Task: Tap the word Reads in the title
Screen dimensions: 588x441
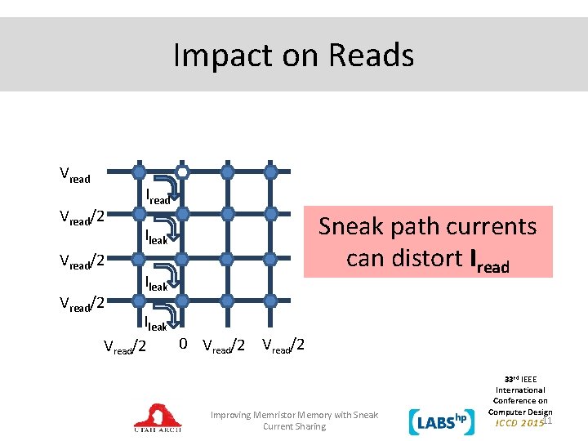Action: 371,56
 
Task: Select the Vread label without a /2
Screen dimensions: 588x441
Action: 75,174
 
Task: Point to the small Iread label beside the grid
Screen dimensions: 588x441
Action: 158,197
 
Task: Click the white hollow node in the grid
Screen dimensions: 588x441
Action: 183,172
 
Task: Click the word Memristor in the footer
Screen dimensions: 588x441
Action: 280,415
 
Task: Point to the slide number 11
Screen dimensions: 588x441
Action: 549,420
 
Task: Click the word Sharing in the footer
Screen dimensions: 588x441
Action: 310,426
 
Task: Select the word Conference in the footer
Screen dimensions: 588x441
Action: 519,401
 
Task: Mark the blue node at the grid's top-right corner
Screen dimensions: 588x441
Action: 273,172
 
